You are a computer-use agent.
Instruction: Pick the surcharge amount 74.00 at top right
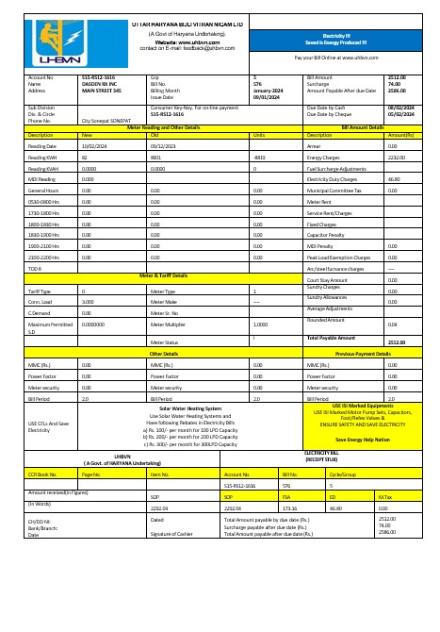coord(396,83)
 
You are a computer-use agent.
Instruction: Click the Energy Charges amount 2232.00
coord(397,158)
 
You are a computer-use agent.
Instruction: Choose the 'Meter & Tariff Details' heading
coord(163,274)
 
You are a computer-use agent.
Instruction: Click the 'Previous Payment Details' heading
coord(363,353)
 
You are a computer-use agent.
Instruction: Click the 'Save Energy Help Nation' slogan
coord(362,440)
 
